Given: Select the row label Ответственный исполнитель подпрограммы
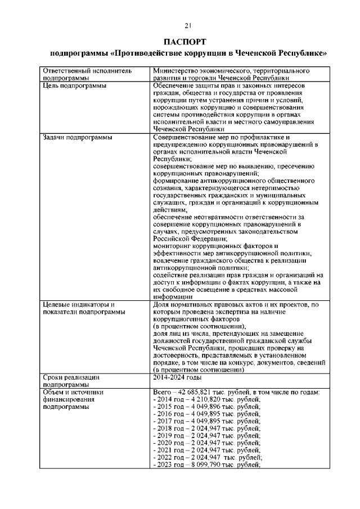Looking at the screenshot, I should (87, 75).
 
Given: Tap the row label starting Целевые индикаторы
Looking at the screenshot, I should (79, 304).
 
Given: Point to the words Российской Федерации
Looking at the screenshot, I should (191, 239).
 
